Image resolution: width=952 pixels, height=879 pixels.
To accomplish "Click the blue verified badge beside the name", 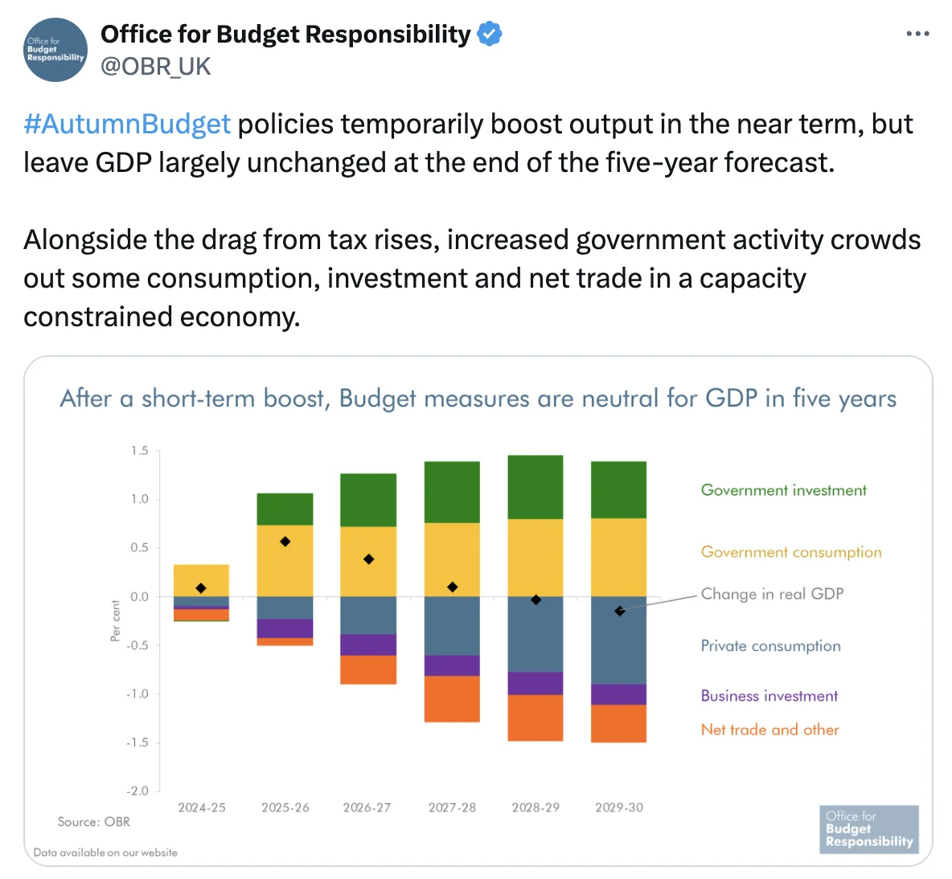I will [x=490, y=35].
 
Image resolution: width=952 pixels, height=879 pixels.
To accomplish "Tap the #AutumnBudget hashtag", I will [x=127, y=125].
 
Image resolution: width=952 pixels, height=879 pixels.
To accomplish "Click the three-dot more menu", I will [x=917, y=34].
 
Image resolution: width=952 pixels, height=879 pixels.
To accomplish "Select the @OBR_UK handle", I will [x=155, y=67].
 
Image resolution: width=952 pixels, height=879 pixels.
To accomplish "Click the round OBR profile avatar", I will [x=55, y=50].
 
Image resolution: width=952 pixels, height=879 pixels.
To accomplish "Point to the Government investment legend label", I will [x=783, y=490].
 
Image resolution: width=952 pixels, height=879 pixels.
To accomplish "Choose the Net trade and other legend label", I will [x=769, y=730].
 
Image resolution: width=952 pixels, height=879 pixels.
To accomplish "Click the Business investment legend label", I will [x=769, y=696].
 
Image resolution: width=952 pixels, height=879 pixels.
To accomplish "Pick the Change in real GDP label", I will [x=772, y=594].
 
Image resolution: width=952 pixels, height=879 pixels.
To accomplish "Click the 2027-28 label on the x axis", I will [x=452, y=807].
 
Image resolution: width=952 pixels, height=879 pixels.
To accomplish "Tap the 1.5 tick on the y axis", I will [x=140, y=451].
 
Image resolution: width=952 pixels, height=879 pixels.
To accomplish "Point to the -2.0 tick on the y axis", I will [x=137, y=791].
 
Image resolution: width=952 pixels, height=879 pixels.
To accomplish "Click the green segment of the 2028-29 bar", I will [x=535, y=487].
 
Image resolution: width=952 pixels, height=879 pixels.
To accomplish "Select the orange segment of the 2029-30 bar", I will [x=618, y=723].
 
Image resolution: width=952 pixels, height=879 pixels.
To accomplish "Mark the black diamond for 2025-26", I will [x=285, y=542].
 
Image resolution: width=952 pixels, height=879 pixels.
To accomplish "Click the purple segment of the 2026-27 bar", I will [x=368, y=644].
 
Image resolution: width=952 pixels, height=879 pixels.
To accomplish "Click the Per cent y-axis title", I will [x=115, y=620].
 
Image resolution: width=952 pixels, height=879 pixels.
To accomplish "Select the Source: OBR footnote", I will [x=93, y=822].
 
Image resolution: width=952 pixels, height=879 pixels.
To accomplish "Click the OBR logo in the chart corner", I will [x=868, y=828].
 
